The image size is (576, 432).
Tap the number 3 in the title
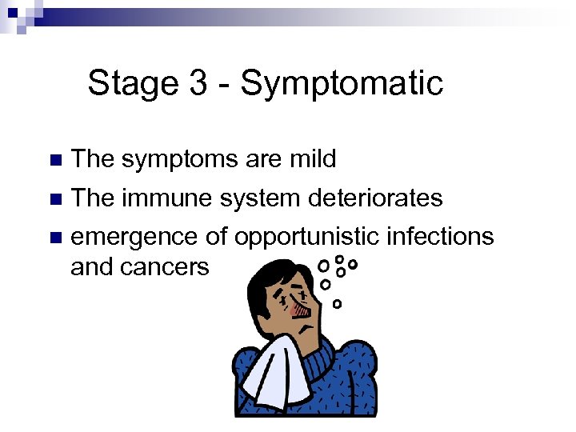[198, 82]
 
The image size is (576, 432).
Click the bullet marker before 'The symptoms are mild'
[54, 160]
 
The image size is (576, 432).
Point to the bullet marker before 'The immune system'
[54, 198]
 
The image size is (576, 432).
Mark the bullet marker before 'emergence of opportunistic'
[54, 238]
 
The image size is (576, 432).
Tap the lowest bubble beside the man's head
[337, 304]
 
